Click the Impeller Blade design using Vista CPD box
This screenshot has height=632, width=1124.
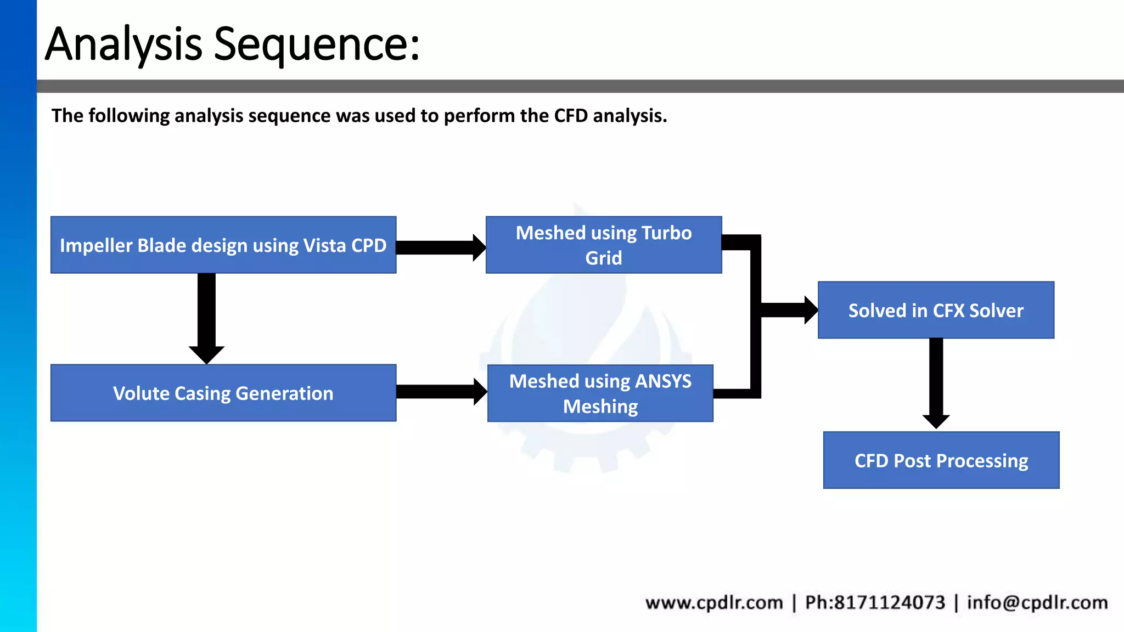[223, 245]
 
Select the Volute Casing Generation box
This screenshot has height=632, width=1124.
[223, 393]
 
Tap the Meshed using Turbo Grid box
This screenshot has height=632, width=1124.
[603, 245]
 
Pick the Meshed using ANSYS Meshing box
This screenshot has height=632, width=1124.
[600, 393]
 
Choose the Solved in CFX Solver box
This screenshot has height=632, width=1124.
[935, 310]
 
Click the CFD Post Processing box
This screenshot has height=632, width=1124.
[941, 460]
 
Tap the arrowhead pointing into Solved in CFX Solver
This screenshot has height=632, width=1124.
[810, 310]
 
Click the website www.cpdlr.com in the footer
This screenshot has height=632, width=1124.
[713, 602]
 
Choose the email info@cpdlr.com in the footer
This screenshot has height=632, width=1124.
[1037, 602]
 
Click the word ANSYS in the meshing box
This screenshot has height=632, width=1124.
[663, 381]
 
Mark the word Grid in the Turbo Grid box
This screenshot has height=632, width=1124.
[603, 258]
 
